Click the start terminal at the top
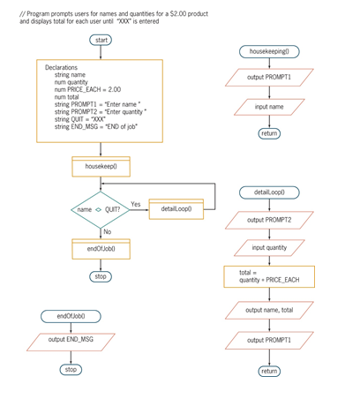[x=101, y=41]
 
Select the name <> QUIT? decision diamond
[x=100, y=209]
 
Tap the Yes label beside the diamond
[x=135, y=204]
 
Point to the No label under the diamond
[x=108, y=231]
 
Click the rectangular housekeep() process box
[x=101, y=166]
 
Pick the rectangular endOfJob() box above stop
[x=101, y=249]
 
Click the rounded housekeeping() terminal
[x=269, y=52]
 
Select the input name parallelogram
[x=269, y=106]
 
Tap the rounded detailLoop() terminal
[x=269, y=192]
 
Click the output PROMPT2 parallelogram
[x=269, y=220]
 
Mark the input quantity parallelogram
[x=269, y=248]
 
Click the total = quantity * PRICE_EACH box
[x=269, y=276]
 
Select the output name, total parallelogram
[x=269, y=310]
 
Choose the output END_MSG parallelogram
[x=71, y=339]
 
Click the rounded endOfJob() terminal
[x=71, y=315]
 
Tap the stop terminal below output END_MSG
[x=71, y=369]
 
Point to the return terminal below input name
[x=269, y=133]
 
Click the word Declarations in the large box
[x=61, y=68]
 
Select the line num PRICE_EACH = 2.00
[x=87, y=90]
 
